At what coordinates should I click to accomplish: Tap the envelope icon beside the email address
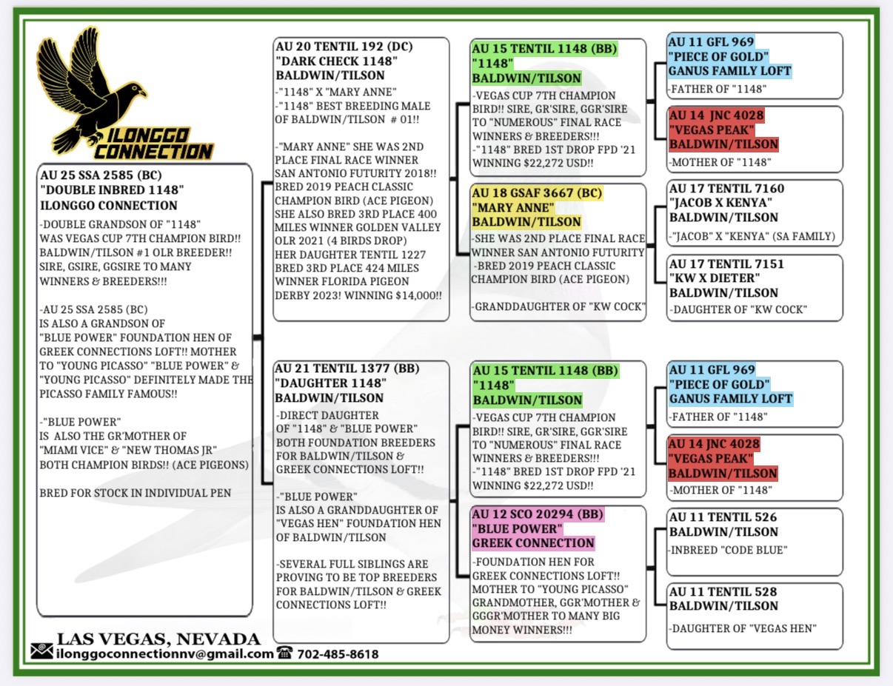[x=42, y=652]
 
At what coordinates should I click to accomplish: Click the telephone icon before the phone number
[x=284, y=652]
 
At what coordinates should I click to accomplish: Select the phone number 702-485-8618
[x=338, y=654]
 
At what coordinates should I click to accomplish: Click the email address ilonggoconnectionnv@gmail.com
[x=165, y=654]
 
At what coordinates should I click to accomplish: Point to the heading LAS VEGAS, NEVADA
[x=158, y=639]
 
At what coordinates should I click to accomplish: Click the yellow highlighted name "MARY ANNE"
[x=512, y=208]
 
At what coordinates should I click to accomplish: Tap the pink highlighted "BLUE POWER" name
[x=517, y=529]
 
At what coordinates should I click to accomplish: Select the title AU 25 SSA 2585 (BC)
[x=101, y=175]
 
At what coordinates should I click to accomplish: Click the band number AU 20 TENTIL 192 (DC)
[x=344, y=47]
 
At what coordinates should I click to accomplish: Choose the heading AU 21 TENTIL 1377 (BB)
[x=347, y=369]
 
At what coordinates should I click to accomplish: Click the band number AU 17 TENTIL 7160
[x=726, y=189]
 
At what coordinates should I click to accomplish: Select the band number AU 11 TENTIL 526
[x=723, y=517]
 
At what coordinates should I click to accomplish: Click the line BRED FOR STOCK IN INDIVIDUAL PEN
[x=136, y=493]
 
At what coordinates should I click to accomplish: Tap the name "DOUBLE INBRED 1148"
[x=112, y=190]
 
